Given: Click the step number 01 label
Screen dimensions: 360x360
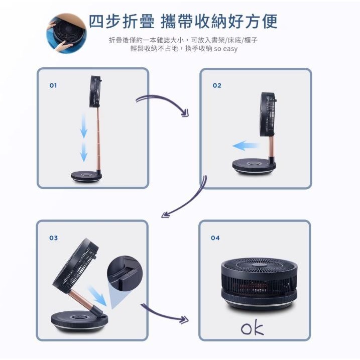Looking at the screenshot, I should (x=53, y=85).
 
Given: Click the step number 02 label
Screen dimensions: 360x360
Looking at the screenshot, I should (x=216, y=85).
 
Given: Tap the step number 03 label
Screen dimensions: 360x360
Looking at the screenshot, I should (x=53, y=237).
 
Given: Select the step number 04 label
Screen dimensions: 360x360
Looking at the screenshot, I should (x=215, y=237).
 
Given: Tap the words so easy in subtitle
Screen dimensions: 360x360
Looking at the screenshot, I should (x=225, y=49).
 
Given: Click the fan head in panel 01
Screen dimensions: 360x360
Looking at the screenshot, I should (x=95, y=91).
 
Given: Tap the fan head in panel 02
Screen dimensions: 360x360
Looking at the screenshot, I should (x=270, y=114).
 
